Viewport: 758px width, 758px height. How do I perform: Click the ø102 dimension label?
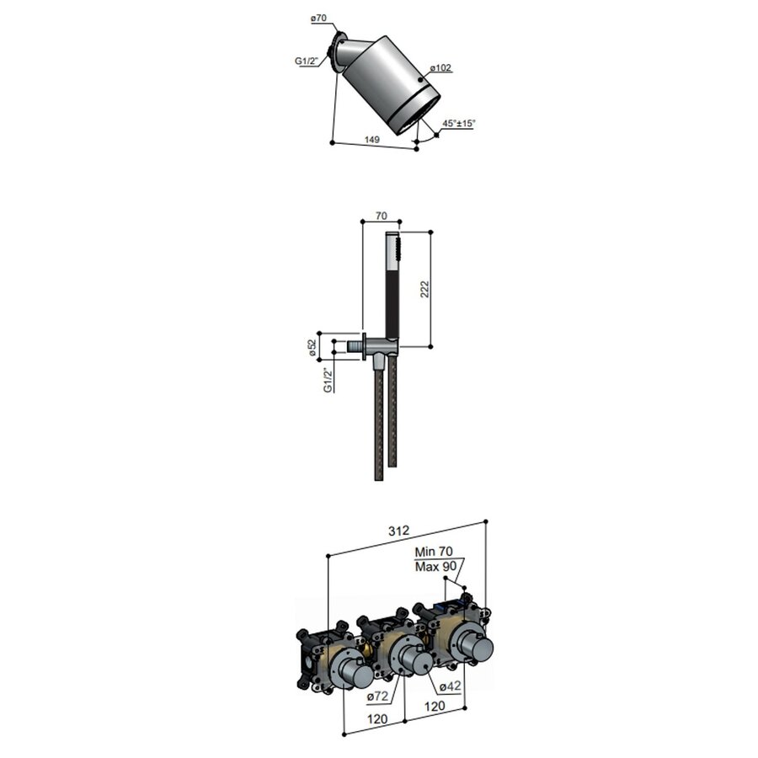(441, 67)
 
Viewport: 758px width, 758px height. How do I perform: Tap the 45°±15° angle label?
(459, 124)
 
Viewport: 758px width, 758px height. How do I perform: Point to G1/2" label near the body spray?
(306, 61)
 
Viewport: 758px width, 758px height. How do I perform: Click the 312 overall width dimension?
(398, 531)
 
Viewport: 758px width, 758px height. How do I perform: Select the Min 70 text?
(435, 552)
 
